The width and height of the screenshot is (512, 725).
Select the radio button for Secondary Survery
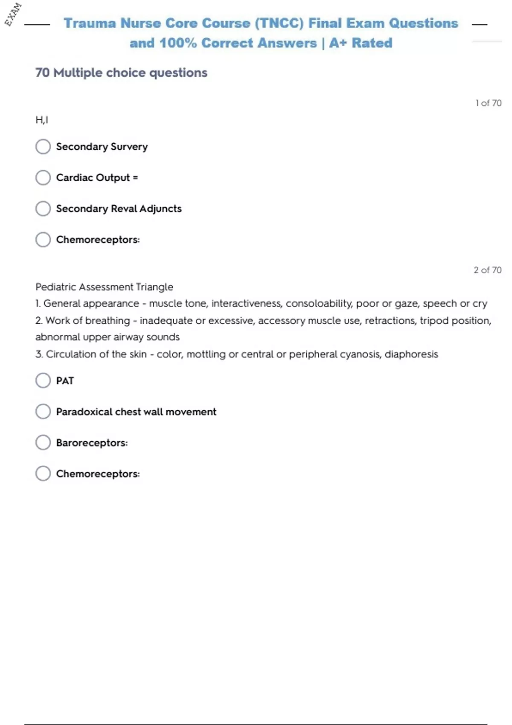tap(43, 147)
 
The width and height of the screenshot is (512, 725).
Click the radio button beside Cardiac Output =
tap(43, 177)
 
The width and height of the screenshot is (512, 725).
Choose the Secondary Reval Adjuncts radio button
tap(43, 209)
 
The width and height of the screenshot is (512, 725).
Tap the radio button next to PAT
tap(43, 380)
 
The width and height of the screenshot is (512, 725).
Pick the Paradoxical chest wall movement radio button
tap(43, 412)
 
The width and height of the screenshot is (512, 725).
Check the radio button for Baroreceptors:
tap(43, 443)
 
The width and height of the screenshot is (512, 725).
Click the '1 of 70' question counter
tap(489, 103)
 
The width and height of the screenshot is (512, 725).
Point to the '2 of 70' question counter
tap(487, 270)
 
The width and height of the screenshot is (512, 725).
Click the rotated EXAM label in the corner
tap(13, 14)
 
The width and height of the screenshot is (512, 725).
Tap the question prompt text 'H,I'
tap(42, 120)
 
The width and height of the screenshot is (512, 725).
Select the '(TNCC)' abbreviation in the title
tap(279, 23)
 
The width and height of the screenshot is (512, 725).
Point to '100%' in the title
tap(178, 43)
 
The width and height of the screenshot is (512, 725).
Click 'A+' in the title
tap(338, 43)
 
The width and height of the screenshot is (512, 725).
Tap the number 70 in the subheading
tap(43, 73)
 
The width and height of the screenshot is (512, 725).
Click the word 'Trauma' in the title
tap(90, 23)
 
